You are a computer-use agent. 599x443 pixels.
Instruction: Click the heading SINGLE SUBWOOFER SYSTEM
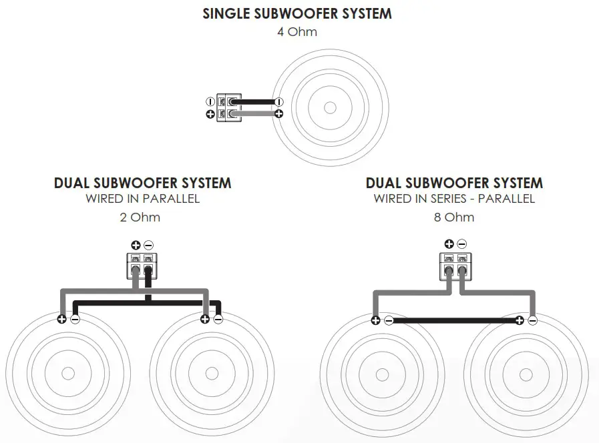297,13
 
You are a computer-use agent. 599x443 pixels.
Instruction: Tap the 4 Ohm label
297,31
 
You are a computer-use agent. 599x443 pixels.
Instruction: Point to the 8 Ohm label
454,217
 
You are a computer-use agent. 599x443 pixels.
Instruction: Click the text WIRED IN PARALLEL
142,199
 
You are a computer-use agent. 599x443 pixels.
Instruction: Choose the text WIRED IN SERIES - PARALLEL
454,199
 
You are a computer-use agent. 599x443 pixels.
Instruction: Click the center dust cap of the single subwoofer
330,107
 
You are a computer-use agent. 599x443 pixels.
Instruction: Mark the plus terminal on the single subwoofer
278,114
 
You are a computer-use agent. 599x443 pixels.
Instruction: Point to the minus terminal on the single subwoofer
278,101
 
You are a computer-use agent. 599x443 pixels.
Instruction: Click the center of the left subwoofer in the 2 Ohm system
67,374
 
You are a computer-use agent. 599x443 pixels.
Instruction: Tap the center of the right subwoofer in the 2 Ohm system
211,374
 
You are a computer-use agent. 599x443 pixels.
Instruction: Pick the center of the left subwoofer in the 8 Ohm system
381,374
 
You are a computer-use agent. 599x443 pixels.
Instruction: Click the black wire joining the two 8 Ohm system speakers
453,320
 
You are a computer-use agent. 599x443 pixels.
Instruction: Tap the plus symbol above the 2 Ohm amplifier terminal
136,245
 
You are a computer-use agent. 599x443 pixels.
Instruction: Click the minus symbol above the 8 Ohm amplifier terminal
461,245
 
